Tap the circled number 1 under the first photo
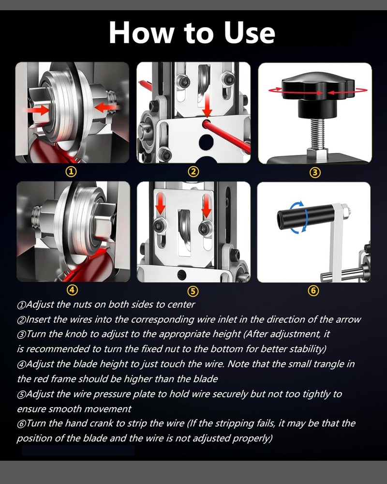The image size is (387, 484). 72,171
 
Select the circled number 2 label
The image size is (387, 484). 193,171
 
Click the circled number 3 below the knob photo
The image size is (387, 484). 315,171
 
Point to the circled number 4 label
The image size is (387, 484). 72,290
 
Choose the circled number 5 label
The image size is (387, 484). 193,291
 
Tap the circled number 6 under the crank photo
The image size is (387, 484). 314,291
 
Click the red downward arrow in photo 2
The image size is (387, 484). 207,105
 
